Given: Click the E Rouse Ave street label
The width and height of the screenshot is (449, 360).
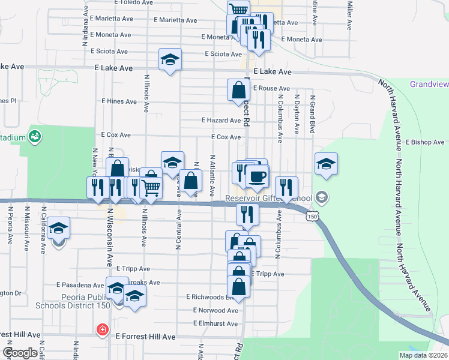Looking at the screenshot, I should [271, 88].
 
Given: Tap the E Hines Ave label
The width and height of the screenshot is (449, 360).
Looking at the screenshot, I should [119, 101].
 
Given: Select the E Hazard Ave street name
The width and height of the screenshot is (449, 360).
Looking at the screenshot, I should [221, 121].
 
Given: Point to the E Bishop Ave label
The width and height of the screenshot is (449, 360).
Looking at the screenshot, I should [425, 142].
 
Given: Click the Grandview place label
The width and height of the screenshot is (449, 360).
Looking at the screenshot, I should [429, 84].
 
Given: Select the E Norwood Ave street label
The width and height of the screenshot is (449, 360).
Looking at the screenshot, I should [215, 310].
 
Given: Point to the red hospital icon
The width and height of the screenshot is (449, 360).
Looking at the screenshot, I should [103, 330].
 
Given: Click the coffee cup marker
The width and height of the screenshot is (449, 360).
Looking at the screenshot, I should [258, 176].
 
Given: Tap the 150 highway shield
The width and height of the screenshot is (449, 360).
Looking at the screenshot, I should [311, 215].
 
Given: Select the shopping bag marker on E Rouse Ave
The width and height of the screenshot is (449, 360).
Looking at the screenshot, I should [238, 90].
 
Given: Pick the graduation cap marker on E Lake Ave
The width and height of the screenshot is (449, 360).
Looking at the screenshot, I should [170, 59].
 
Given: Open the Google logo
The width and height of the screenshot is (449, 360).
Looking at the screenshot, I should [20, 353].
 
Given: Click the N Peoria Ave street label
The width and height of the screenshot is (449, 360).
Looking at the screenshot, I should [10, 226].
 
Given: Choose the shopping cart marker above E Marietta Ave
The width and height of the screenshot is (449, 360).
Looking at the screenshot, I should [238, 10].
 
